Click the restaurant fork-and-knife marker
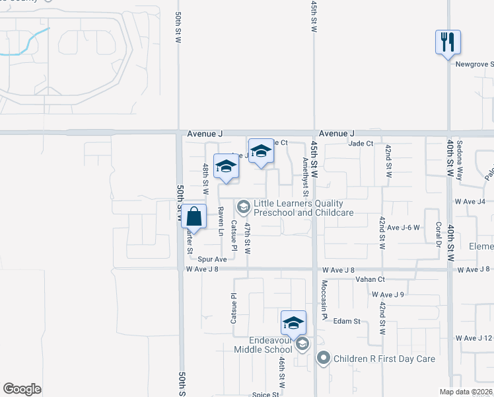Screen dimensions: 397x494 click(x=448, y=43)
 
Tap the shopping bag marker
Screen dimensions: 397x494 click(x=194, y=216)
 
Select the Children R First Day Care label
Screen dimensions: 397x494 click(x=384, y=359)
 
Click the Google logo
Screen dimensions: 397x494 click(x=22, y=389)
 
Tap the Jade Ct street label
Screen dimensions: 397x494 click(x=361, y=143)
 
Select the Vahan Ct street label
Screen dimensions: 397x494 click(x=369, y=280)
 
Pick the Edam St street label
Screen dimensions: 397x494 click(x=346, y=321)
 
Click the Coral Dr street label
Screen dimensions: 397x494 click(x=438, y=233)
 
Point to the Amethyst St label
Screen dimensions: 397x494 click(x=305, y=177)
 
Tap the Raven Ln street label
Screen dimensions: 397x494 click(x=220, y=221)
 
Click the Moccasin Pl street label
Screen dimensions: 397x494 click(x=324, y=299)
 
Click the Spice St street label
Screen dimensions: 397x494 click(x=265, y=394)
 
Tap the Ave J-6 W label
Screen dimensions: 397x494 click(x=404, y=228)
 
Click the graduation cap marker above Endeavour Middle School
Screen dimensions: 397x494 click(x=293, y=323)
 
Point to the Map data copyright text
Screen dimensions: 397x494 click(x=466, y=392)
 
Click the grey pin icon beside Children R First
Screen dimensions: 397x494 click(x=324, y=359)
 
